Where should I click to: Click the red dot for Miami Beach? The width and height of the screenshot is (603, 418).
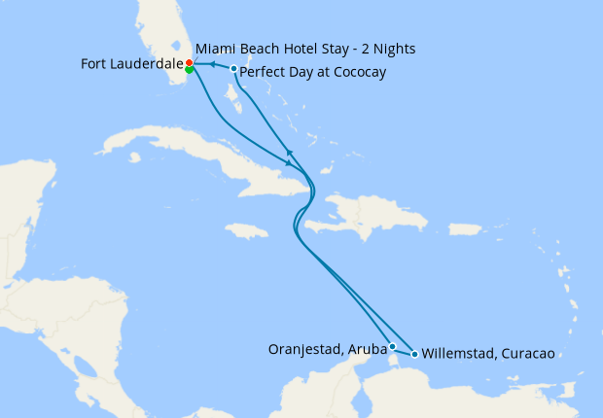click(190, 63)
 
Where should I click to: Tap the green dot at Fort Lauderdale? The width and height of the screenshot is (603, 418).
click(189, 70)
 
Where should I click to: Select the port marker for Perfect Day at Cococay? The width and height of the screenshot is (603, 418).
click(233, 69)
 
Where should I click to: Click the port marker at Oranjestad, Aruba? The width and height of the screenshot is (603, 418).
click(392, 346)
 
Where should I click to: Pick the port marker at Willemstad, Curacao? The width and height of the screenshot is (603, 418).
click(415, 354)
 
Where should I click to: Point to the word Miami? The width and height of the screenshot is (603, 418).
click(214, 48)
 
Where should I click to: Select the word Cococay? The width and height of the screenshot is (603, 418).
click(356, 73)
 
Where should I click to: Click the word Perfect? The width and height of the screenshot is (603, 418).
click(261, 73)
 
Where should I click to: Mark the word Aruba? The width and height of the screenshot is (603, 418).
click(368, 349)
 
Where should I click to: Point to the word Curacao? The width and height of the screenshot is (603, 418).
click(528, 354)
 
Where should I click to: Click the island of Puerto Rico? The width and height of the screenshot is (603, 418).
click(463, 229)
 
